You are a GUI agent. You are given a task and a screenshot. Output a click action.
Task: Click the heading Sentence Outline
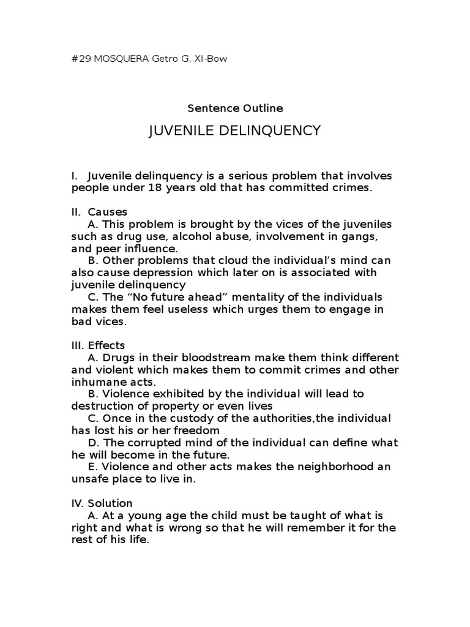pos(235,108)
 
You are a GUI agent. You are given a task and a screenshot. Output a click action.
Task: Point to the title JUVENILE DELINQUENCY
pos(235,130)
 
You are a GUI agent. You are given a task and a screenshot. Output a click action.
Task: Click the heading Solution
pos(110,503)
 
